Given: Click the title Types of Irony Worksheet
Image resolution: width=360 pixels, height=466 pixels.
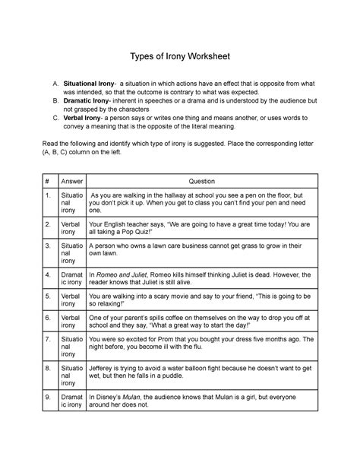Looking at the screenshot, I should click(181, 58).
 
